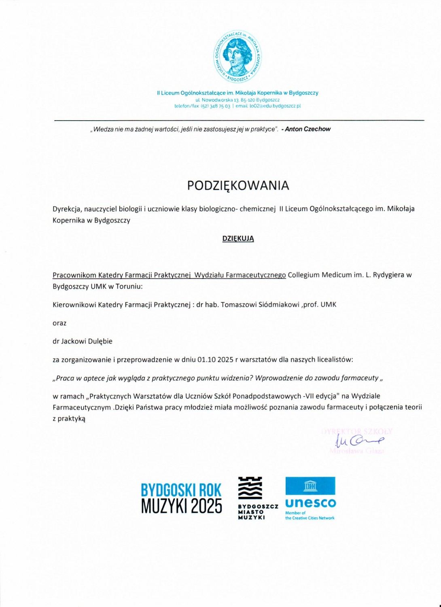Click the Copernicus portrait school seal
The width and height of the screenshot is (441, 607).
tap(237, 56)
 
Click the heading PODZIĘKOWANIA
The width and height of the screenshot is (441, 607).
tap(238, 185)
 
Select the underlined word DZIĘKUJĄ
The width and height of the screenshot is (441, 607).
tap(238, 239)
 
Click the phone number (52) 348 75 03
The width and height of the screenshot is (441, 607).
tap(215, 106)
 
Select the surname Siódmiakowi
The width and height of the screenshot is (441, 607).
tap(279, 305)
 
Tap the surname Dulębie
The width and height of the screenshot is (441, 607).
tap(100, 341)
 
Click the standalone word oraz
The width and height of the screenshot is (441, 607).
tap(59, 323)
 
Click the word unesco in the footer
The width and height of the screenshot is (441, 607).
tap(310, 503)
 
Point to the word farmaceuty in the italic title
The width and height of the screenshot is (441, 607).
tap(360, 378)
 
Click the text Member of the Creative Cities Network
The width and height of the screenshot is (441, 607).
tap(310, 516)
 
